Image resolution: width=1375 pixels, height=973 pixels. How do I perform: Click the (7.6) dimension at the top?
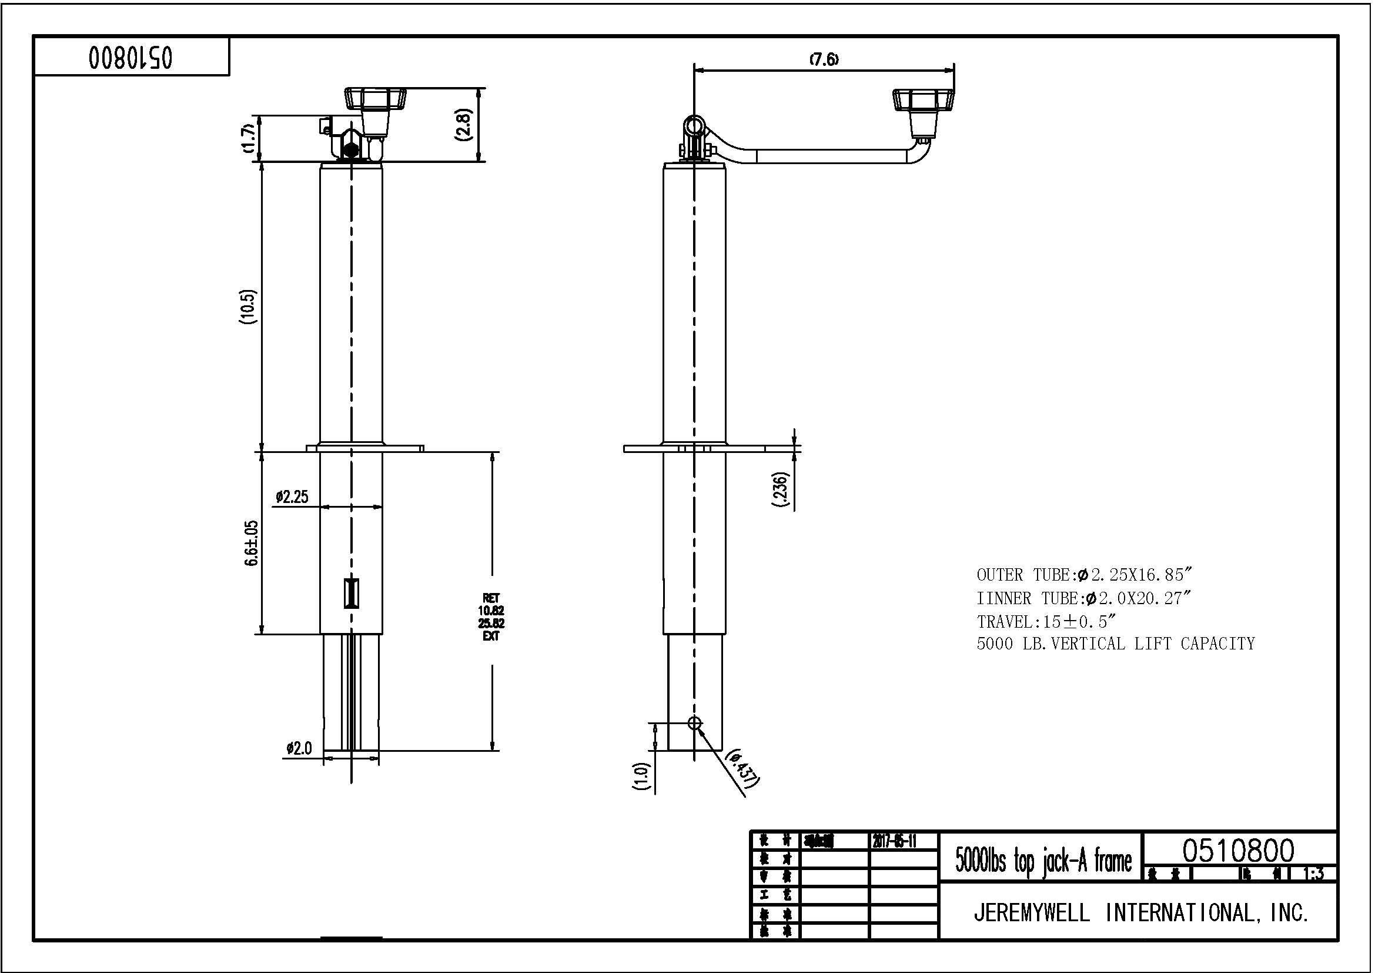coord(824,59)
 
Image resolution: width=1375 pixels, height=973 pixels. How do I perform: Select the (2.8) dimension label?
coord(466,125)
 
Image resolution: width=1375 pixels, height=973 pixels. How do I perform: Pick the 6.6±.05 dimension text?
coord(251,543)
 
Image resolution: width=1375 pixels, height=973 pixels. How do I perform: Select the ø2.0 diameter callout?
coord(299,748)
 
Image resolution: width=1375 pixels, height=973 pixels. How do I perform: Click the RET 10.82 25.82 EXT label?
coord(491,617)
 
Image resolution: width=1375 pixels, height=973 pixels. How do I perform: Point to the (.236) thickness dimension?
coord(781,490)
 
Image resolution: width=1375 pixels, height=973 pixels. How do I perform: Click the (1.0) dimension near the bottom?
coord(641,777)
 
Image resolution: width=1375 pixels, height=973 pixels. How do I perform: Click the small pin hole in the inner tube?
coord(694,723)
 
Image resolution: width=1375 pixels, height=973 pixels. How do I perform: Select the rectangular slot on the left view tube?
coord(352,593)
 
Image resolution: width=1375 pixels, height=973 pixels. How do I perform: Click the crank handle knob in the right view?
coord(923,101)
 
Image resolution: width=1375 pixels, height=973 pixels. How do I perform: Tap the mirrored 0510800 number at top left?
coord(131,58)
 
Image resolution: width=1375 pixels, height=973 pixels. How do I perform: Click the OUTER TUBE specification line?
coord(1085,575)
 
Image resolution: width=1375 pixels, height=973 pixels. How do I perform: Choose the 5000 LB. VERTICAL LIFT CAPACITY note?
coord(1115,644)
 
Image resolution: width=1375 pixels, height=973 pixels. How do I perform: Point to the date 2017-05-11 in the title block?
coord(894,841)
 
